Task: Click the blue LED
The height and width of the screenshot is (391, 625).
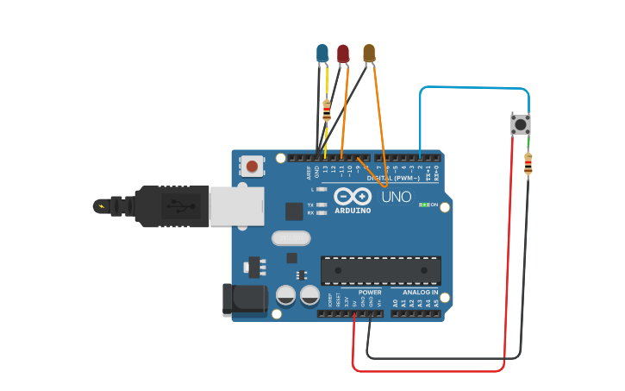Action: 322,54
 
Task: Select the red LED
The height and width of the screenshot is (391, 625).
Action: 343,54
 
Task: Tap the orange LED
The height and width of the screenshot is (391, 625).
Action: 369,54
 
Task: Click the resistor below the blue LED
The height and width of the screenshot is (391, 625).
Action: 326,110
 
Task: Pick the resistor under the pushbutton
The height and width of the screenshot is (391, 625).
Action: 528,163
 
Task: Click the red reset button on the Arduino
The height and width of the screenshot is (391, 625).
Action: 252,166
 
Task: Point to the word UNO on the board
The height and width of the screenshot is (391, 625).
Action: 397,198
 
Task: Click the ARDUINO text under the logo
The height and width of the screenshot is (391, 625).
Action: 353,211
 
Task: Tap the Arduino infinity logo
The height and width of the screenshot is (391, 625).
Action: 353,197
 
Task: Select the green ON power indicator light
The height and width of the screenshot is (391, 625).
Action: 423,205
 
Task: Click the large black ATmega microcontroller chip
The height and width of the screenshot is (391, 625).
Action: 380,270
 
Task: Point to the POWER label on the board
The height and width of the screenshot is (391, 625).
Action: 370,293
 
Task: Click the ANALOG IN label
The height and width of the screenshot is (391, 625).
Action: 420,293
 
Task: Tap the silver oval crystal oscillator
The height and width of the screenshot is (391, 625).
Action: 290,238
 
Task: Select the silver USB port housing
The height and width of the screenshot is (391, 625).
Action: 236,207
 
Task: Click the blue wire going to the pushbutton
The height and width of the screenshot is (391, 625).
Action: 474,87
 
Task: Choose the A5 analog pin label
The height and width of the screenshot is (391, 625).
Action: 437,303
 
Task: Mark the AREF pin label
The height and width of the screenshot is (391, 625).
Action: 309,173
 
